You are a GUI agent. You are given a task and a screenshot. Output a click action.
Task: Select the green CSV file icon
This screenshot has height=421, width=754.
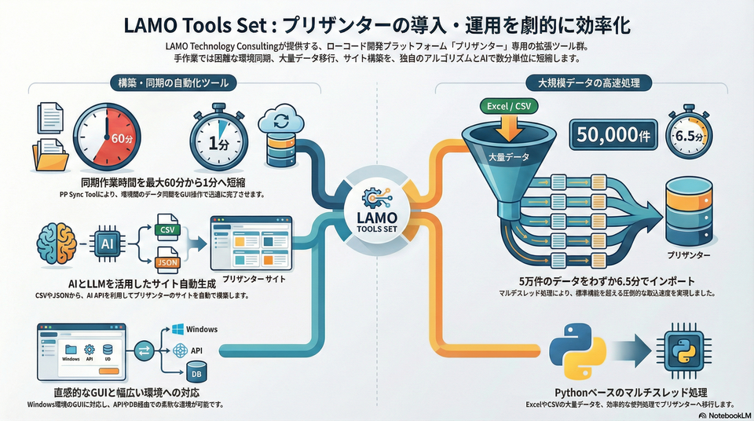[165, 230]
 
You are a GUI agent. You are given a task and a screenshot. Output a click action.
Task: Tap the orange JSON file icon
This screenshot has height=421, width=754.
[165, 261]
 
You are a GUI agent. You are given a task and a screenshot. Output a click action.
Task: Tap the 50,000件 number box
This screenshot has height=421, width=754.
[614, 136]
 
